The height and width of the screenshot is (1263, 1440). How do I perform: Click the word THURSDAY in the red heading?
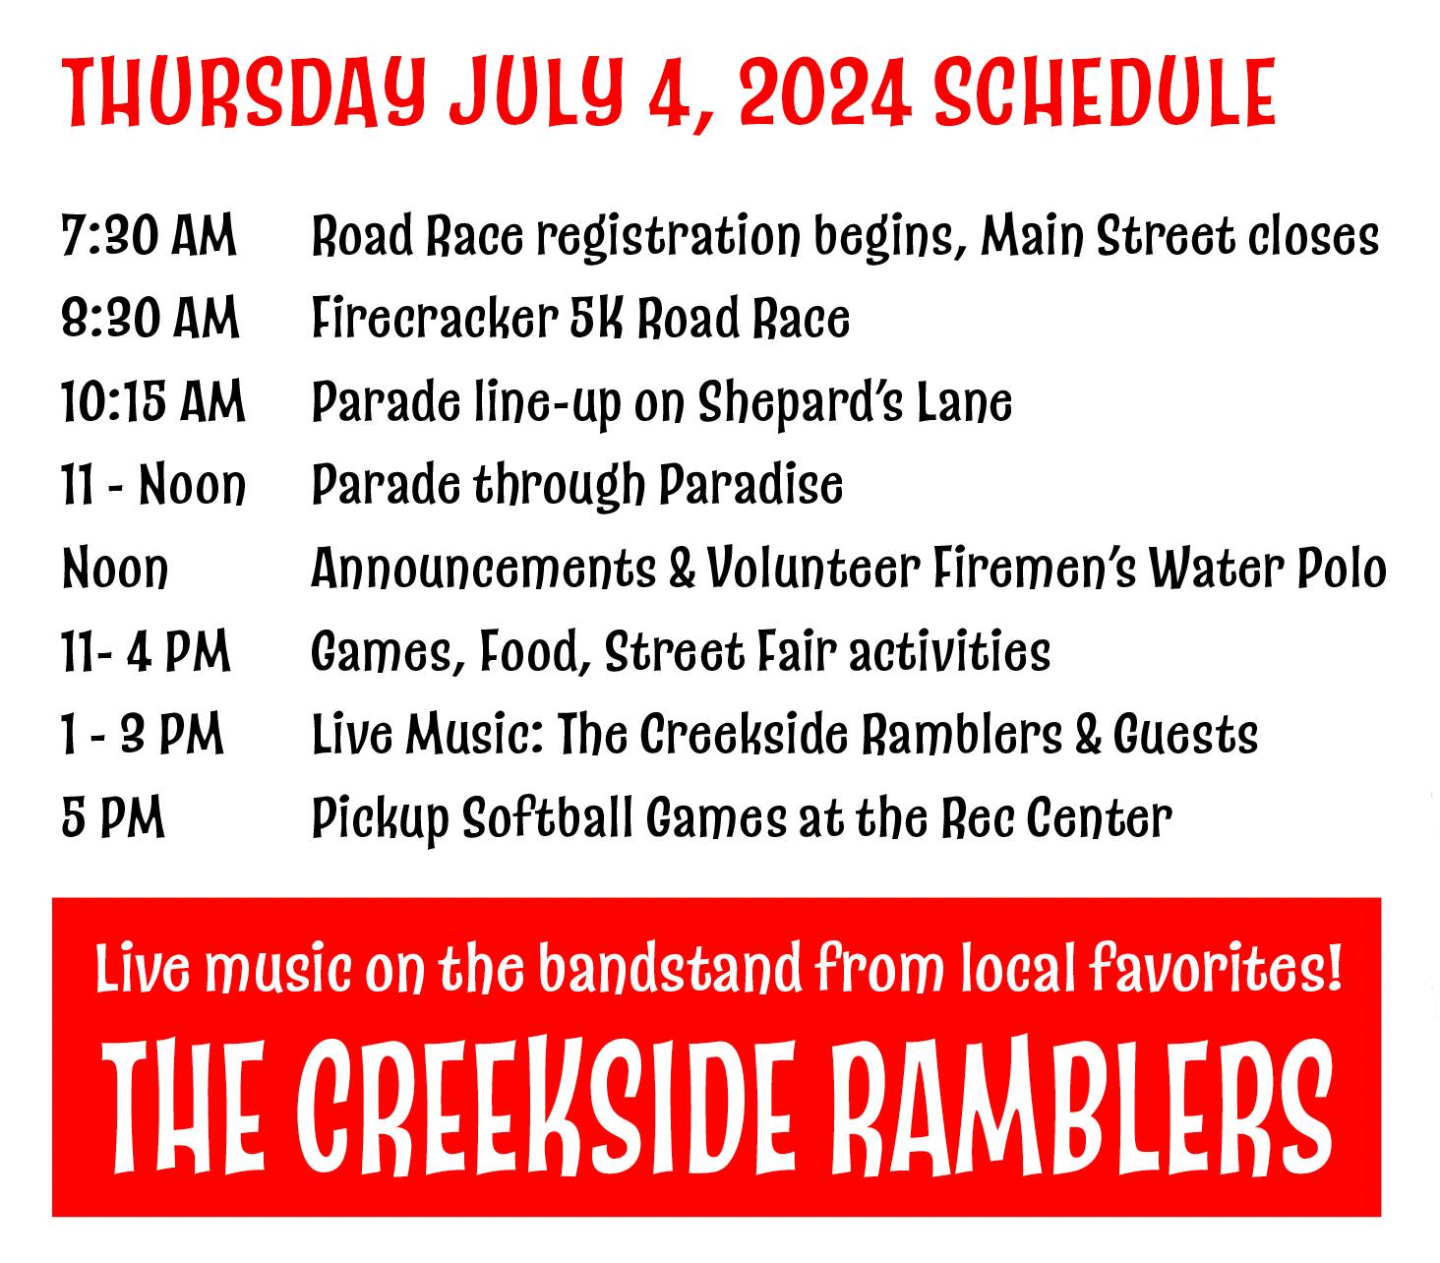click(245, 93)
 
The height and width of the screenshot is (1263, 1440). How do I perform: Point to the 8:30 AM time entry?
click(150, 318)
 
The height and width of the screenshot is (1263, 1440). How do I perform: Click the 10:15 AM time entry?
click(152, 401)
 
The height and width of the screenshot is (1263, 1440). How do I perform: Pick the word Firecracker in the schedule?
click(435, 318)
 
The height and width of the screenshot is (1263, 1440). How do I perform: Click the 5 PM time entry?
click(113, 817)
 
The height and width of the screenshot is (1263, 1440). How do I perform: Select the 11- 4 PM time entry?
click(146, 651)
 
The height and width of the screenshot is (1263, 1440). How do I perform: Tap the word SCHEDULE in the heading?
click(1106, 92)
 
